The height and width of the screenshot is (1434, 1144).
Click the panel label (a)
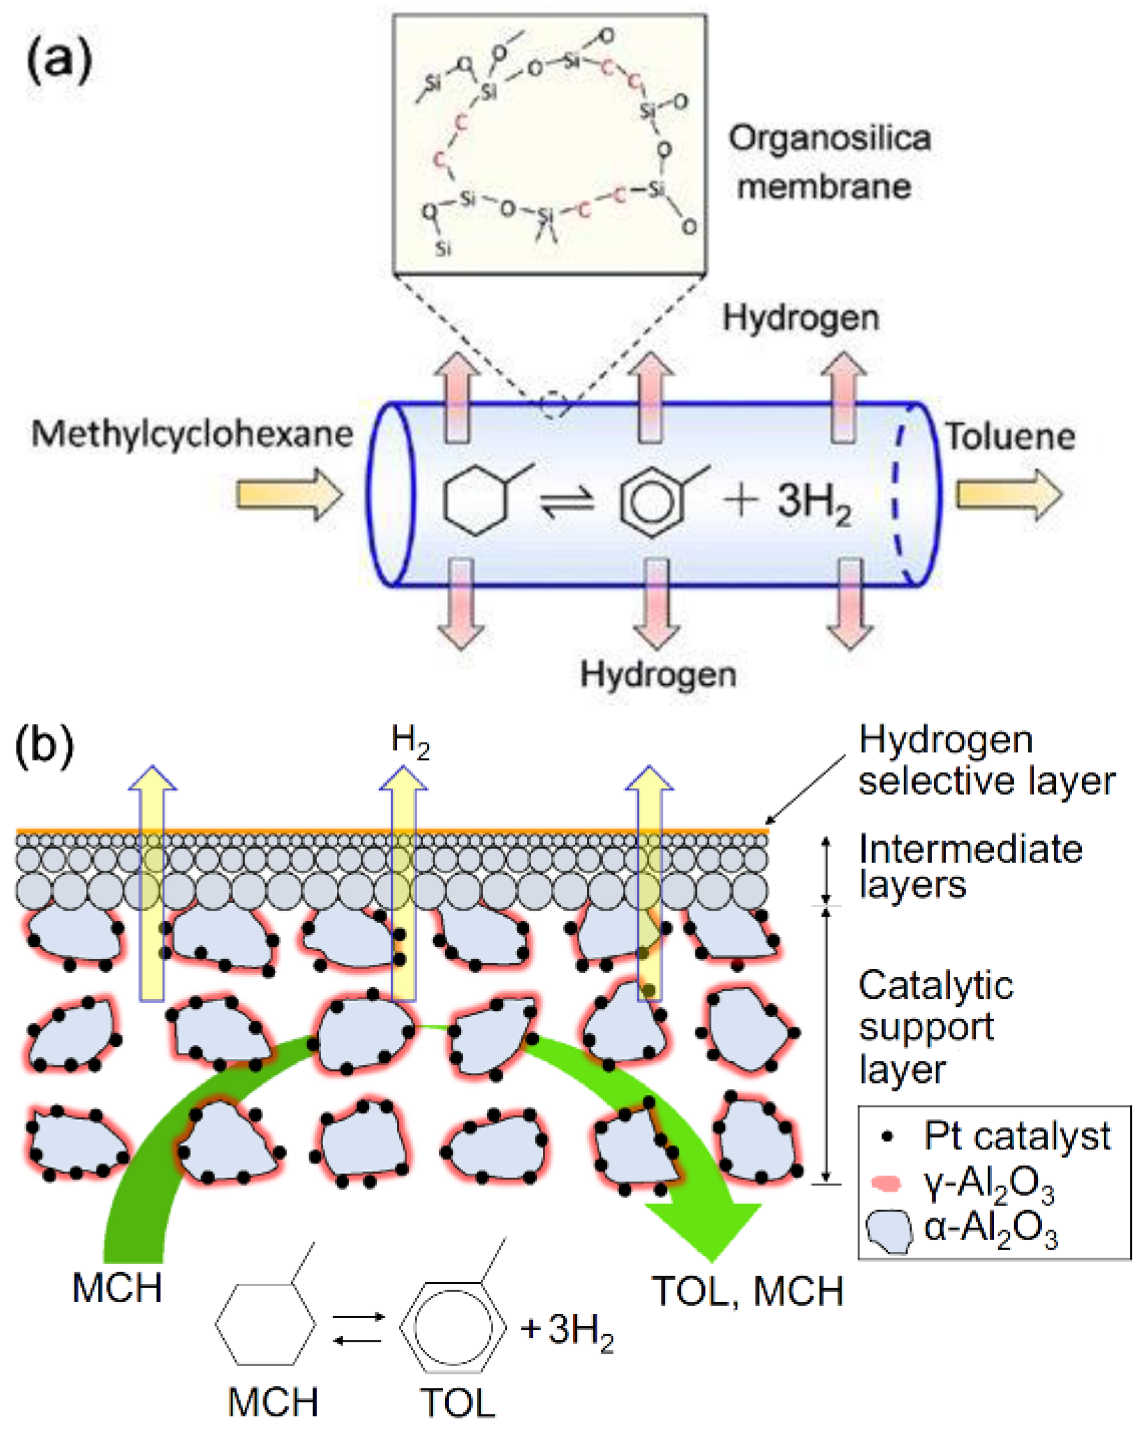[x=59, y=61]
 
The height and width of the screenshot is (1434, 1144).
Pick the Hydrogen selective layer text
[x=985, y=760]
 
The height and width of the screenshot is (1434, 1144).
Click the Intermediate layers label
[x=970, y=867]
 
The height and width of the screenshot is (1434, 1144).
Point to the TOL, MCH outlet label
[x=747, y=1292]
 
